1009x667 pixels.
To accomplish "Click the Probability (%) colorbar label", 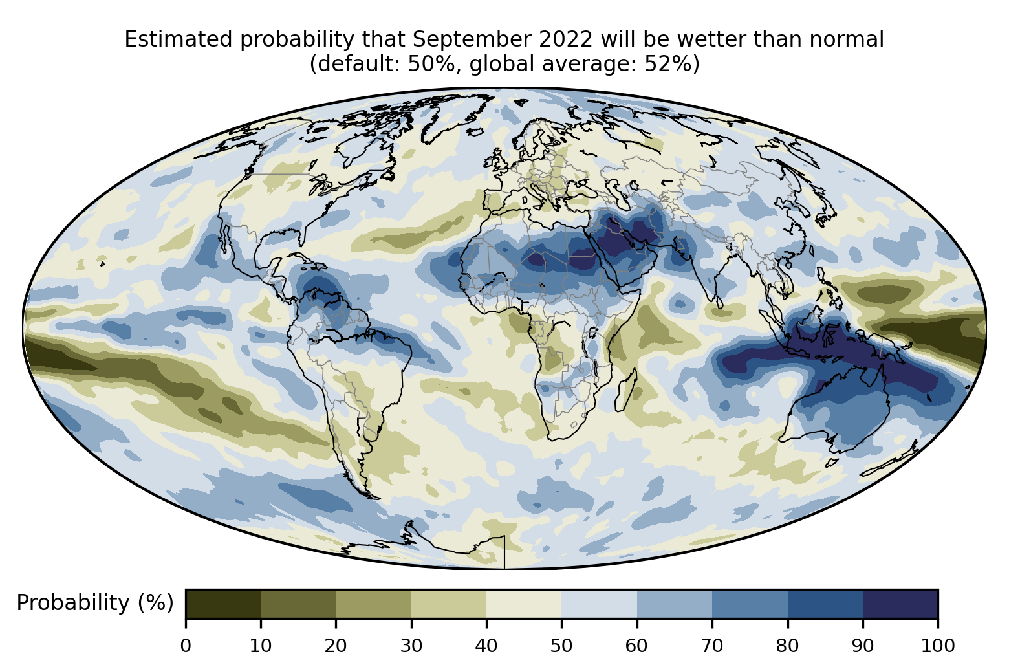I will (x=95, y=603).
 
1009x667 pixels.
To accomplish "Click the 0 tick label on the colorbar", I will (x=186, y=646).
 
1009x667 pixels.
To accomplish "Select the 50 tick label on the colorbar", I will (x=561, y=646).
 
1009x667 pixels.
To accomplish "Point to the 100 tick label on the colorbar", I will (x=937, y=646).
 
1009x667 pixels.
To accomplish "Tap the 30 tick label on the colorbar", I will (x=411, y=646).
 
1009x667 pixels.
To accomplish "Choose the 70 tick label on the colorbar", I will (x=712, y=646).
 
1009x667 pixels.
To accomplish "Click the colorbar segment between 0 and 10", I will (x=223, y=604).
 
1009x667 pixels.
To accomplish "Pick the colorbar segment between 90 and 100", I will (x=900, y=604).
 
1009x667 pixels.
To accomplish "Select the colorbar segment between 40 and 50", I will (x=524, y=604).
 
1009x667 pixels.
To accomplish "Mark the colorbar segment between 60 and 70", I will (x=674, y=604).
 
